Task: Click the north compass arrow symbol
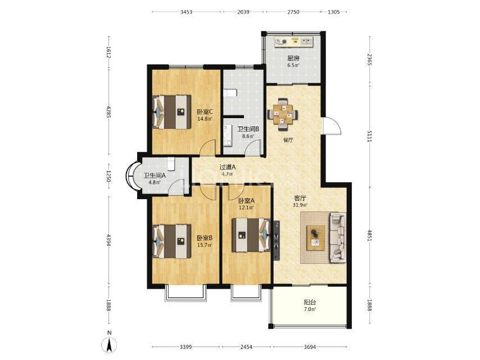(x=109, y=345)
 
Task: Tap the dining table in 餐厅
(x=283, y=115)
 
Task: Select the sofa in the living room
(x=337, y=238)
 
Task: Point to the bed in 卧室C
(x=172, y=112)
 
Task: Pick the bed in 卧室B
(x=172, y=241)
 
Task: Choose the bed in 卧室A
(x=251, y=235)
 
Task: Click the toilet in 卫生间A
(x=171, y=164)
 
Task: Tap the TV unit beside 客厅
(x=277, y=241)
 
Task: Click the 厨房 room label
(x=293, y=58)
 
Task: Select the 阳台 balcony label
(x=310, y=303)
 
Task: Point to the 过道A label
(x=228, y=168)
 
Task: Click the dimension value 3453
(x=186, y=12)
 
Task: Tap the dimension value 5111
(x=369, y=135)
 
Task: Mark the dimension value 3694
(x=310, y=347)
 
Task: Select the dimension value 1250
(x=108, y=177)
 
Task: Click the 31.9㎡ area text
(x=300, y=205)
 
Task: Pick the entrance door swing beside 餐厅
(x=332, y=125)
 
